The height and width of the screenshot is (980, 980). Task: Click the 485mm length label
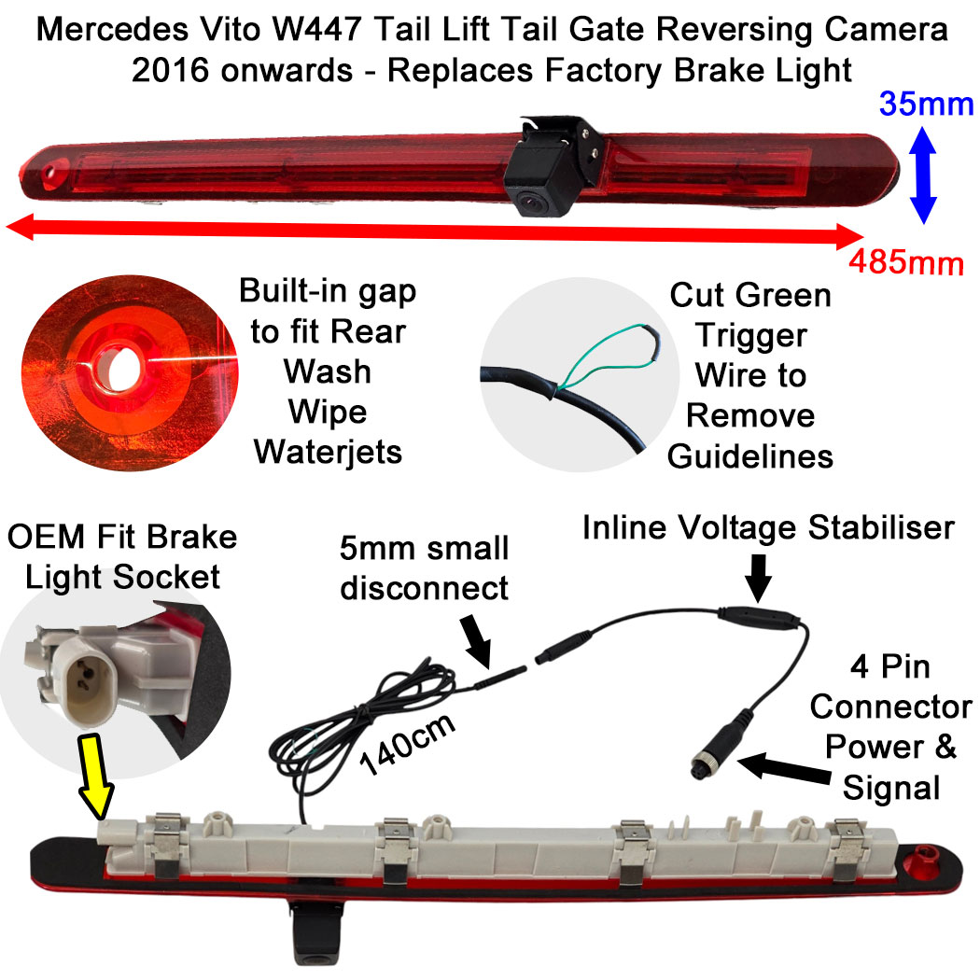pos(905,263)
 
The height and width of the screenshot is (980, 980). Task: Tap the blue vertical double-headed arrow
pos(923,175)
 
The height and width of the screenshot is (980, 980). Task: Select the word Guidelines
pos(749,455)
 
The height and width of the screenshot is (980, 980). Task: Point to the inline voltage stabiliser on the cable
pos(757,618)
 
